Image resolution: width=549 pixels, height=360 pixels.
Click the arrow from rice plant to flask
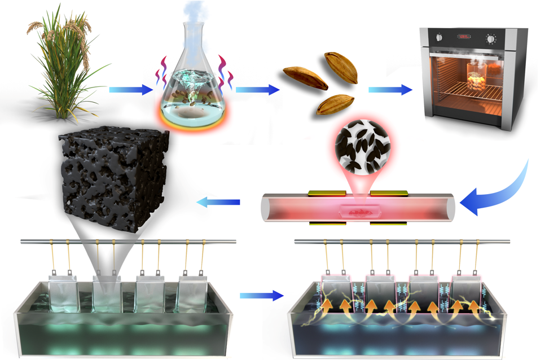(130, 89)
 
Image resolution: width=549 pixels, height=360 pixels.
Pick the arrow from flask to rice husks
(257, 89)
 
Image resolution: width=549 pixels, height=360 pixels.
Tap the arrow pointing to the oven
(390, 89)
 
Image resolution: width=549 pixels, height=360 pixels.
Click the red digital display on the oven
(464, 37)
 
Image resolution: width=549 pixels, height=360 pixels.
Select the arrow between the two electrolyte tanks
(261, 295)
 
